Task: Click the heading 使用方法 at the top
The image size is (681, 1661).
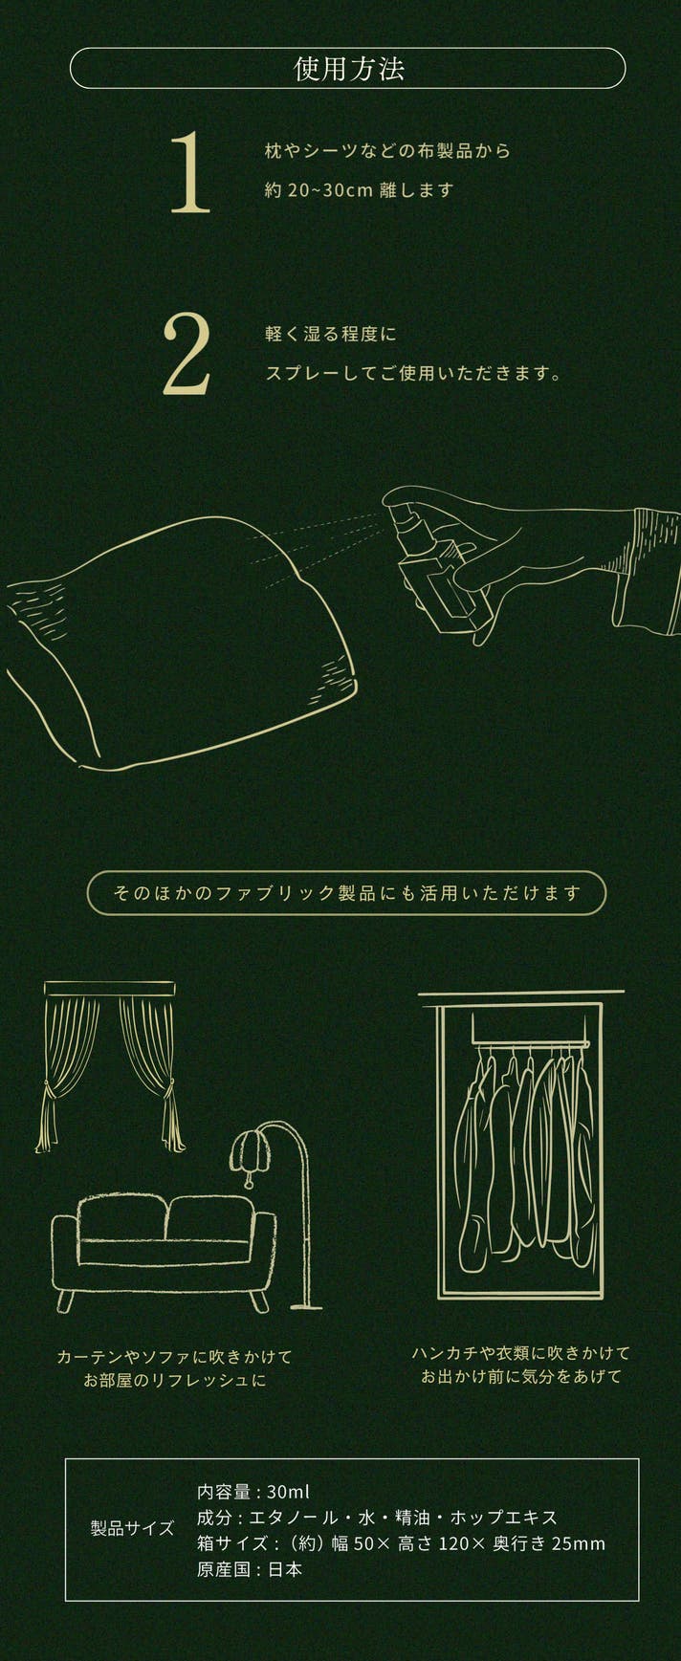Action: [x=349, y=69]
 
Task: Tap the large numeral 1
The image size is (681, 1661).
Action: [x=189, y=172]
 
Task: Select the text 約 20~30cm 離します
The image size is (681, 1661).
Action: [x=359, y=189]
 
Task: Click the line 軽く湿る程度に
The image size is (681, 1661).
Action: [x=330, y=335]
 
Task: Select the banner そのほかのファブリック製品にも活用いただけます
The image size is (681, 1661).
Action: [x=347, y=893]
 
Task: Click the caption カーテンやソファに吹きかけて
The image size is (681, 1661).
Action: [x=174, y=1356]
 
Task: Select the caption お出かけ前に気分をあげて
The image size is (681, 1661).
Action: [x=521, y=1376]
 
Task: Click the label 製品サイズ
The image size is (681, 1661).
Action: [x=133, y=1528]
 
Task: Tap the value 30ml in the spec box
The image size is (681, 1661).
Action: [x=288, y=1492]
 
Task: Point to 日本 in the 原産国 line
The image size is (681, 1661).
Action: [x=285, y=1569]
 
